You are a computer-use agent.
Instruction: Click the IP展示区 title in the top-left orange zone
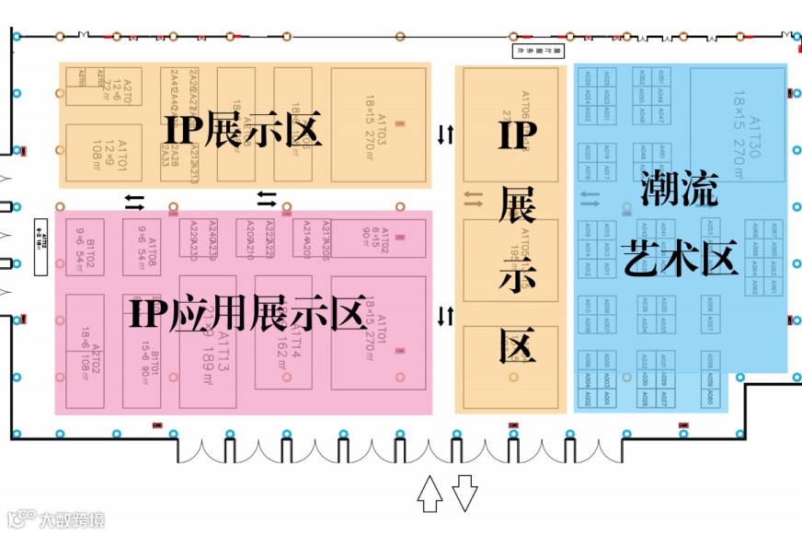click(244, 130)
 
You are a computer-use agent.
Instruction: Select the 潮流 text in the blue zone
click(678, 191)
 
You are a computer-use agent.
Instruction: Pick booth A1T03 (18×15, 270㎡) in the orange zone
click(379, 124)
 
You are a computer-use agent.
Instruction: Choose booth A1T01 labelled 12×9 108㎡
click(103, 152)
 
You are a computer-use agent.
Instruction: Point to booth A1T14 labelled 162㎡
click(289, 338)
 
